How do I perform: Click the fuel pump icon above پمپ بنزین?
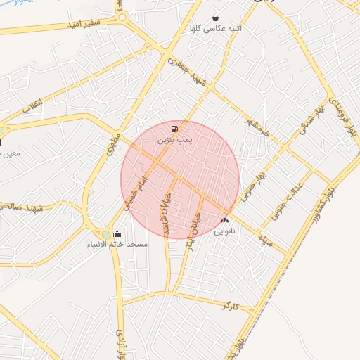174,129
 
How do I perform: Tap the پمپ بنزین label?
174,141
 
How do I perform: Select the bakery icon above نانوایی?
224,220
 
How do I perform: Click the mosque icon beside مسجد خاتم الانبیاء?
117,234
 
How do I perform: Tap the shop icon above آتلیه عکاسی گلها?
215,18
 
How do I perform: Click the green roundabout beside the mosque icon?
105,234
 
